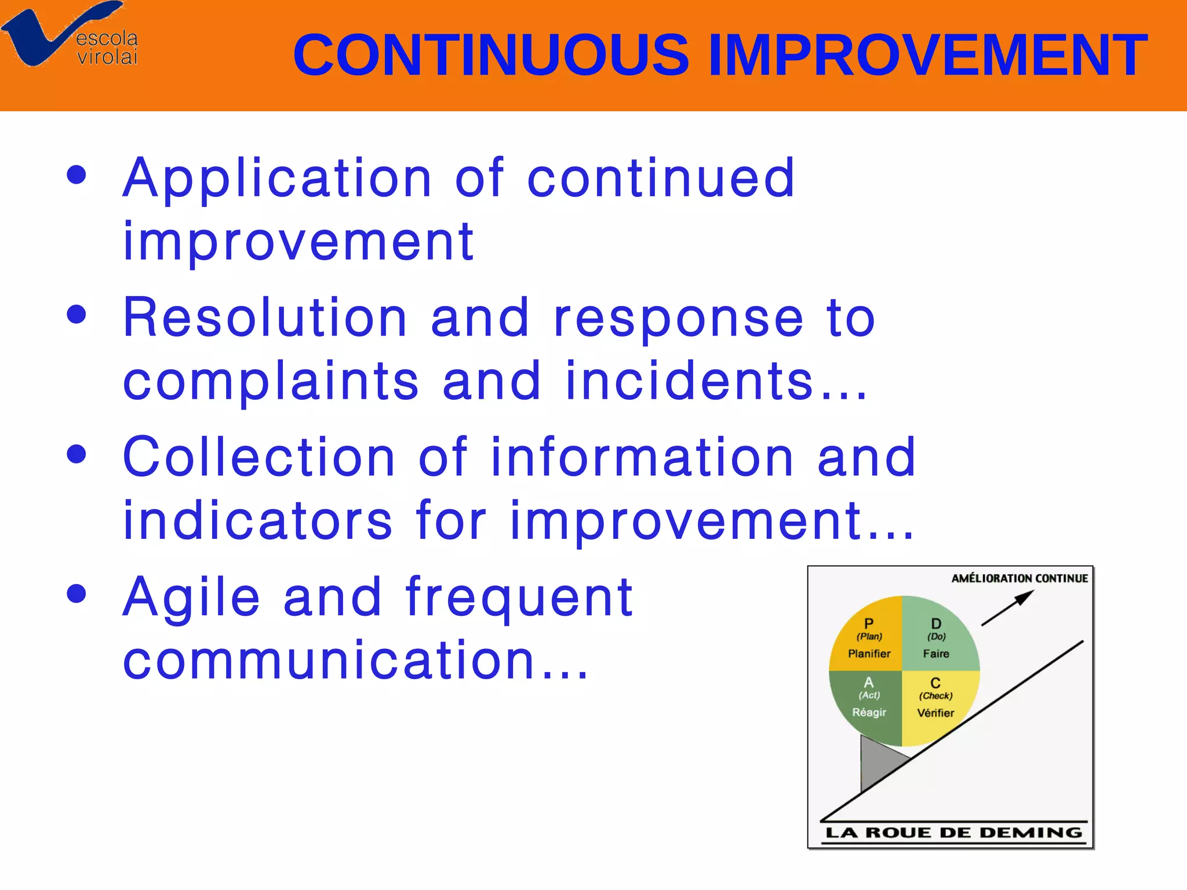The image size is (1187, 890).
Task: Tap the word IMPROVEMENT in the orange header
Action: click(927, 56)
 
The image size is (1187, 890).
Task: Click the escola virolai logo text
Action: click(107, 48)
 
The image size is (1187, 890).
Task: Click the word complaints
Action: click(271, 382)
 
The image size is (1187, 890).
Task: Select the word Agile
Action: click(191, 598)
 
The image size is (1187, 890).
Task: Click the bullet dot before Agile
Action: click(77, 594)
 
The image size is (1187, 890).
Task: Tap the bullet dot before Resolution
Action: click(77, 315)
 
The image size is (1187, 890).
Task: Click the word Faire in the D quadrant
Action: click(936, 654)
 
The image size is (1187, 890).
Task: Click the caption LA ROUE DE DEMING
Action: click(953, 833)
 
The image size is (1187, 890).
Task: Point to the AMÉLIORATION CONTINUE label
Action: click(1019, 578)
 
